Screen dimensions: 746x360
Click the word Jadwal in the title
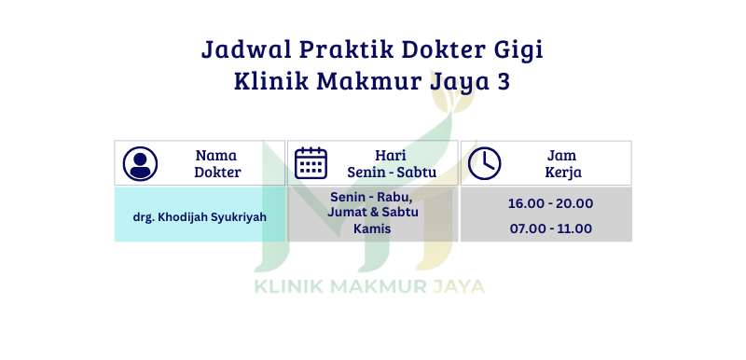pos(245,49)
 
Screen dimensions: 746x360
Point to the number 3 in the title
pos(504,81)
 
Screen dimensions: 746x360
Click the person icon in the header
pos(140,163)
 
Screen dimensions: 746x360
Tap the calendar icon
pos(311,163)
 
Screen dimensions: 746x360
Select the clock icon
pos(484,163)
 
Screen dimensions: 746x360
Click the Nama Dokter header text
pos(217,163)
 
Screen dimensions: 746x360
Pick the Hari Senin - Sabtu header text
pos(392,163)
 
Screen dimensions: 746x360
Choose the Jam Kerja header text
pos(563,163)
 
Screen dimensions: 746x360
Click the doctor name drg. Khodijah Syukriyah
pos(200,217)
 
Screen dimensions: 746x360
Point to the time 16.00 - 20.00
pos(550,203)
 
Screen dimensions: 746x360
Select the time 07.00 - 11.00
pos(551,228)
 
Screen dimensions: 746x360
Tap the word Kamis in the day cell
pos(372,228)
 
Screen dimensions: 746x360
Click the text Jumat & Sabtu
pos(372,212)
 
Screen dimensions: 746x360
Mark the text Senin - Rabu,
pos(371,197)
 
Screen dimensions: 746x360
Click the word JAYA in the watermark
pos(458,286)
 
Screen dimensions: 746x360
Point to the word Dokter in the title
pos(441,49)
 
